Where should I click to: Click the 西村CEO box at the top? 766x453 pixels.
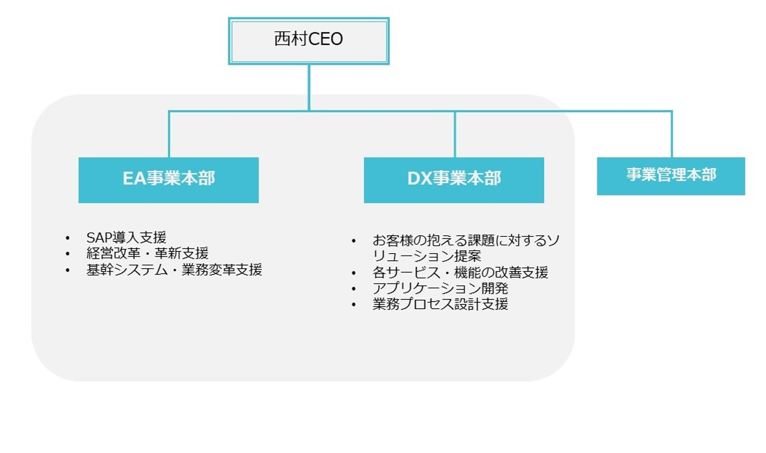309,41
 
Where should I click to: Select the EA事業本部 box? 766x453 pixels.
169,179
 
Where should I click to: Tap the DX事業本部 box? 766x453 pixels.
454,179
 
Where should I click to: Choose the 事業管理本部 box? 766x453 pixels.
671,176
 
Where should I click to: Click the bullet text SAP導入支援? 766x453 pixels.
126,237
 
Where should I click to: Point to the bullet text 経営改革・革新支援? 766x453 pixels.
147,253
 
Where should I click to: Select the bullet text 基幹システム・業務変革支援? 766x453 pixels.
174,270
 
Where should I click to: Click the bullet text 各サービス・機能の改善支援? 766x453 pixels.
460,273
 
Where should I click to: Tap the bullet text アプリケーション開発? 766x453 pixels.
440,289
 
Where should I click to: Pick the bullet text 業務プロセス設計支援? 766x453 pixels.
440,304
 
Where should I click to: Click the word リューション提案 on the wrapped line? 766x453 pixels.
427,256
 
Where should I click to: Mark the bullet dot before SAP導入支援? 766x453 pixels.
68,238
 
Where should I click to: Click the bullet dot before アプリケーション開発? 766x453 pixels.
354,289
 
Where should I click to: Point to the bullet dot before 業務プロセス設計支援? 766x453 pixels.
354,305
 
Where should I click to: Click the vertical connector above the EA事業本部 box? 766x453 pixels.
169,134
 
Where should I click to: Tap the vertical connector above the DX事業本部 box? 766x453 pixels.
455,134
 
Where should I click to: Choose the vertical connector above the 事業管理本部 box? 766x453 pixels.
672,134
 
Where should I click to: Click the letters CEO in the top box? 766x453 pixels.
325,39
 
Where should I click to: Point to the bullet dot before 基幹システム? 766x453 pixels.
68,270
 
